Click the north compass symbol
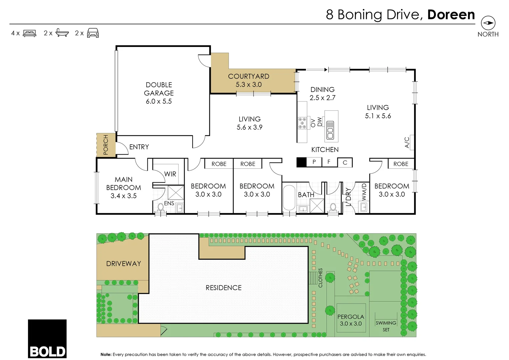point(488,23)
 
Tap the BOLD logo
point(47,339)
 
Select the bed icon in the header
point(29,33)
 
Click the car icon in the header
point(93,33)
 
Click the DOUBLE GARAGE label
point(159,93)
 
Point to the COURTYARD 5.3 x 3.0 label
point(248,80)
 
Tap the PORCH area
point(106,145)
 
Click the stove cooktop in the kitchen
point(302,123)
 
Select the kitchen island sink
point(330,130)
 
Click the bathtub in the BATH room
point(289,198)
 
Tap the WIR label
point(170,174)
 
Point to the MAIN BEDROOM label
point(123,188)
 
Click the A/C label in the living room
point(407,142)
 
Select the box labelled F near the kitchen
point(329,162)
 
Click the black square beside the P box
point(301,162)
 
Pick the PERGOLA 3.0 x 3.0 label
point(351,320)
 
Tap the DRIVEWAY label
point(123,264)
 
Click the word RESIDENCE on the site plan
point(223,288)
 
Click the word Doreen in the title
point(451,15)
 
